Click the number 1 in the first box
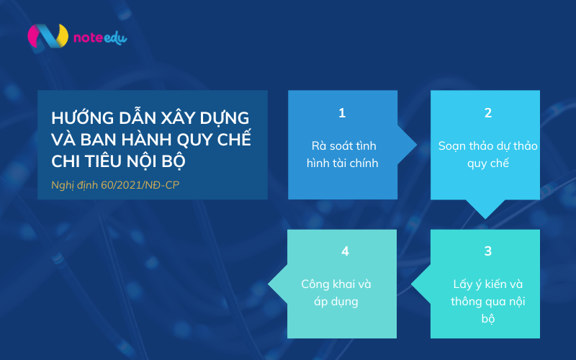(342, 113)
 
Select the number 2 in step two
(487, 113)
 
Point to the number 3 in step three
(487, 251)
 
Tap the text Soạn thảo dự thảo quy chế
(487, 154)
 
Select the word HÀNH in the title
(145, 138)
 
